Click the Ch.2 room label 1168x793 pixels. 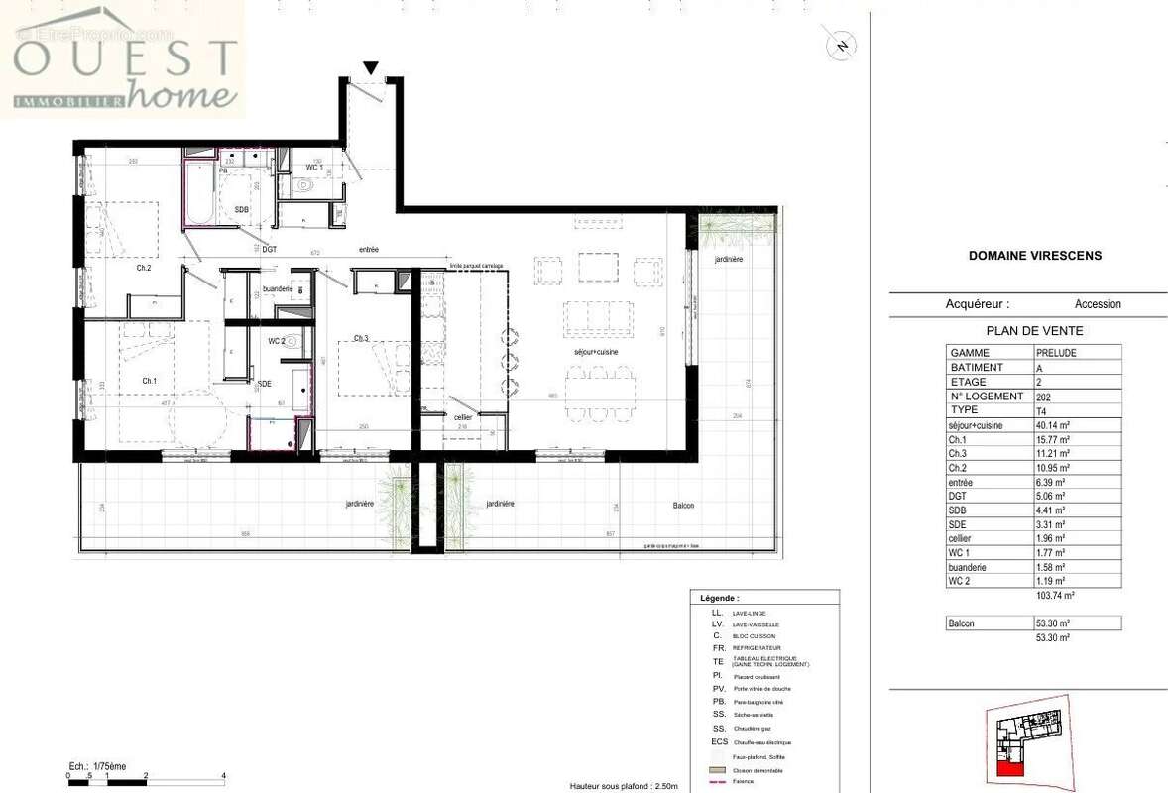(x=143, y=268)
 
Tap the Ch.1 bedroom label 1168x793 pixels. (x=149, y=381)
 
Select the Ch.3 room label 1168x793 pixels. (x=361, y=339)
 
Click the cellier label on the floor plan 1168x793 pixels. (x=463, y=417)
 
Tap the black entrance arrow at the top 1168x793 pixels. (x=371, y=68)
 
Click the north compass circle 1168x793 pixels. (x=842, y=45)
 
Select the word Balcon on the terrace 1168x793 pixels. (x=682, y=506)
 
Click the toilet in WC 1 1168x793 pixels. (x=305, y=184)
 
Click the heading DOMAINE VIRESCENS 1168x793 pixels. (x=1034, y=256)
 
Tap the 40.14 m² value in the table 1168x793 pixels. (x=1051, y=425)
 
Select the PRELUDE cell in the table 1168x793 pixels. (x=1057, y=353)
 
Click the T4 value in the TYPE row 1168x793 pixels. (x=1042, y=410)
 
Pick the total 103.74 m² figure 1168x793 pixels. (x=1055, y=597)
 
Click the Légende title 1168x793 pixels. (x=719, y=599)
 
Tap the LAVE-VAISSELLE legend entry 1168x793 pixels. (x=757, y=625)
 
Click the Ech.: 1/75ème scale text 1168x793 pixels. (x=97, y=766)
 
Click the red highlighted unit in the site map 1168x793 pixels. (x=1009, y=769)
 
